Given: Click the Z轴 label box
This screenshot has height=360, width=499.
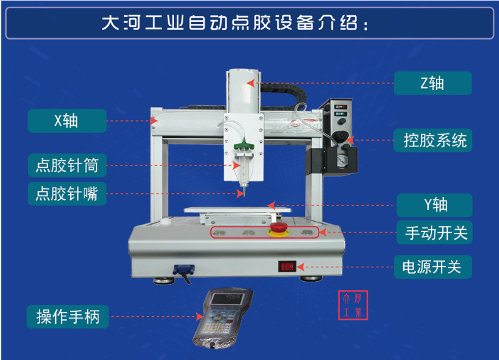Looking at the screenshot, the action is pos(433,83).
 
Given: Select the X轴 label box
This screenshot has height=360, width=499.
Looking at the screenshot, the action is pos(67,121).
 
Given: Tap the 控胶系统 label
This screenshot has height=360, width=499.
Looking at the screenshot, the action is pos(433,140).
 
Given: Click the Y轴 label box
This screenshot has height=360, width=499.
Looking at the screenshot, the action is pos(435,205).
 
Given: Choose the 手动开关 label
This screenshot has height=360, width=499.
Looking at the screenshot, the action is pos(435,232).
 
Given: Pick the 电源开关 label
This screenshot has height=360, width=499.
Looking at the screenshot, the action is pos(433,267).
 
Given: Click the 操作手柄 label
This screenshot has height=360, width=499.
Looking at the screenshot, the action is pos(68,317).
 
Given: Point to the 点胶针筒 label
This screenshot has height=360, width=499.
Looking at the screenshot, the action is pos(67,165).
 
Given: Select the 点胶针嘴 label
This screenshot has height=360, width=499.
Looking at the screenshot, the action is pos(67,193).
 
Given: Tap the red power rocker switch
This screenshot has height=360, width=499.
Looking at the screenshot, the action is pos(287,266).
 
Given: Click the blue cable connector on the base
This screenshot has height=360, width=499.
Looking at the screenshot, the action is pos(183,270).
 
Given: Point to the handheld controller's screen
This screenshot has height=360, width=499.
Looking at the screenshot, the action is pos(228,299).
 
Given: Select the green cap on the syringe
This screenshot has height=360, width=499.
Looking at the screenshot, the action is pos(244,145).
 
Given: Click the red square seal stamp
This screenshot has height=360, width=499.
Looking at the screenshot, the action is pos(353,305).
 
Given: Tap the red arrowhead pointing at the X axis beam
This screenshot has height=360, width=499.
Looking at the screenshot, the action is pos(154,121).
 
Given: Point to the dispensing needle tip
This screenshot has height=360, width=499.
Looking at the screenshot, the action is pos(244,195).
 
